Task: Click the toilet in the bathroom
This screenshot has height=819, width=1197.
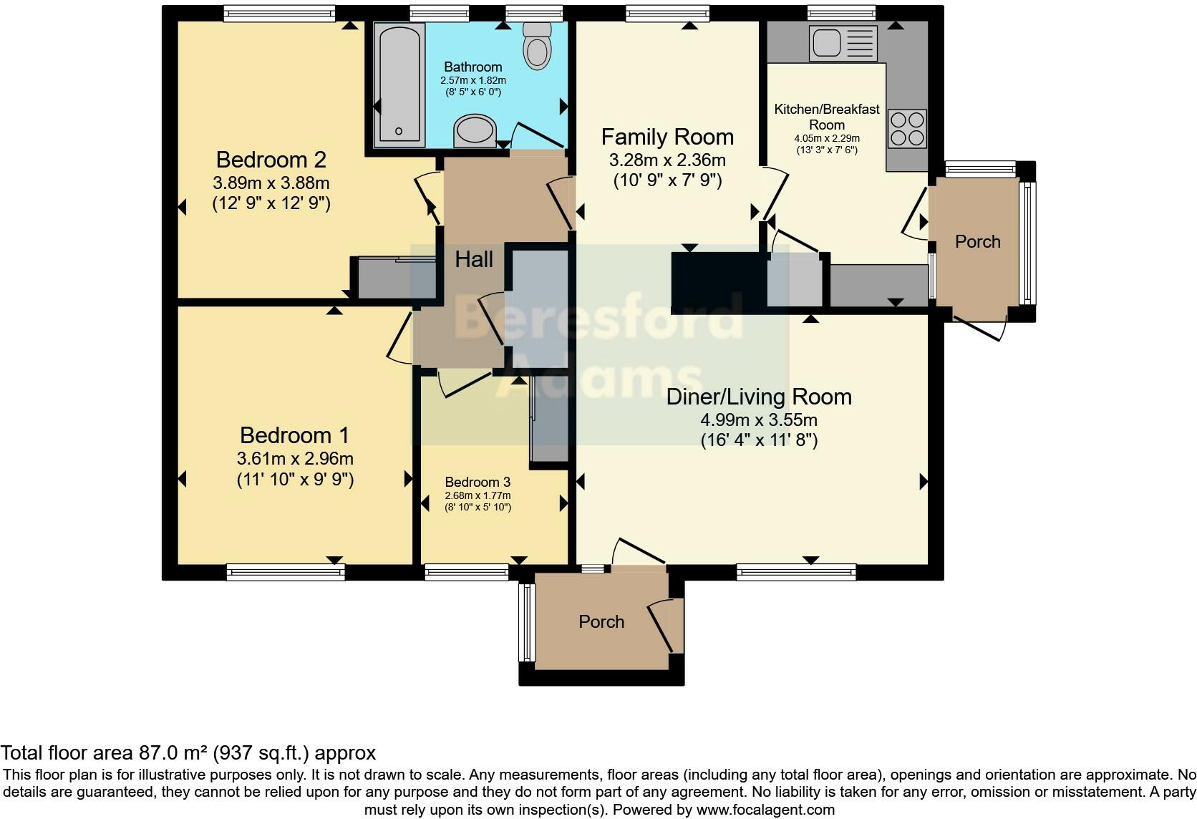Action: (537, 47)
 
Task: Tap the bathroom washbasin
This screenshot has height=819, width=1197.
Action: (475, 131)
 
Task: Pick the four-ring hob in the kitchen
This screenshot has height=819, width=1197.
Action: (907, 128)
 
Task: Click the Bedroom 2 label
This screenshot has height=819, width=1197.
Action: (271, 159)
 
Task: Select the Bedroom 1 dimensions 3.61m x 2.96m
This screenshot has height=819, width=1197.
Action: (295, 458)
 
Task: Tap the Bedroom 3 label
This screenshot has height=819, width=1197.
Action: (478, 482)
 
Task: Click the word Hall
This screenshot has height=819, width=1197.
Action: (474, 259)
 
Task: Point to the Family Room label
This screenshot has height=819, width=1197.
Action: (667, 137)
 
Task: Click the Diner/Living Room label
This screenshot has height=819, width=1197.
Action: (759, 397)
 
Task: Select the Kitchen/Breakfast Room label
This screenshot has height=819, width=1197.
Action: (827, 117)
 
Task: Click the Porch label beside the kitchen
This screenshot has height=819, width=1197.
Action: (977, 242)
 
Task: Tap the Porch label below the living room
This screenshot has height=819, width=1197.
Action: (601, 622)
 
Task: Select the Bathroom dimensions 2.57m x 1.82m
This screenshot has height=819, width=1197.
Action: (473, 81)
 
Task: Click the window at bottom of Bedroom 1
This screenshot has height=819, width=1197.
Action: (286, 571)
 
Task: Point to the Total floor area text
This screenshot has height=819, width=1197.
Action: (188, 752)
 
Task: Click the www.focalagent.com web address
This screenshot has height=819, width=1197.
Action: (765, 810)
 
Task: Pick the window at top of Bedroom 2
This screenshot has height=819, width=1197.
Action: (278, 13)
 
